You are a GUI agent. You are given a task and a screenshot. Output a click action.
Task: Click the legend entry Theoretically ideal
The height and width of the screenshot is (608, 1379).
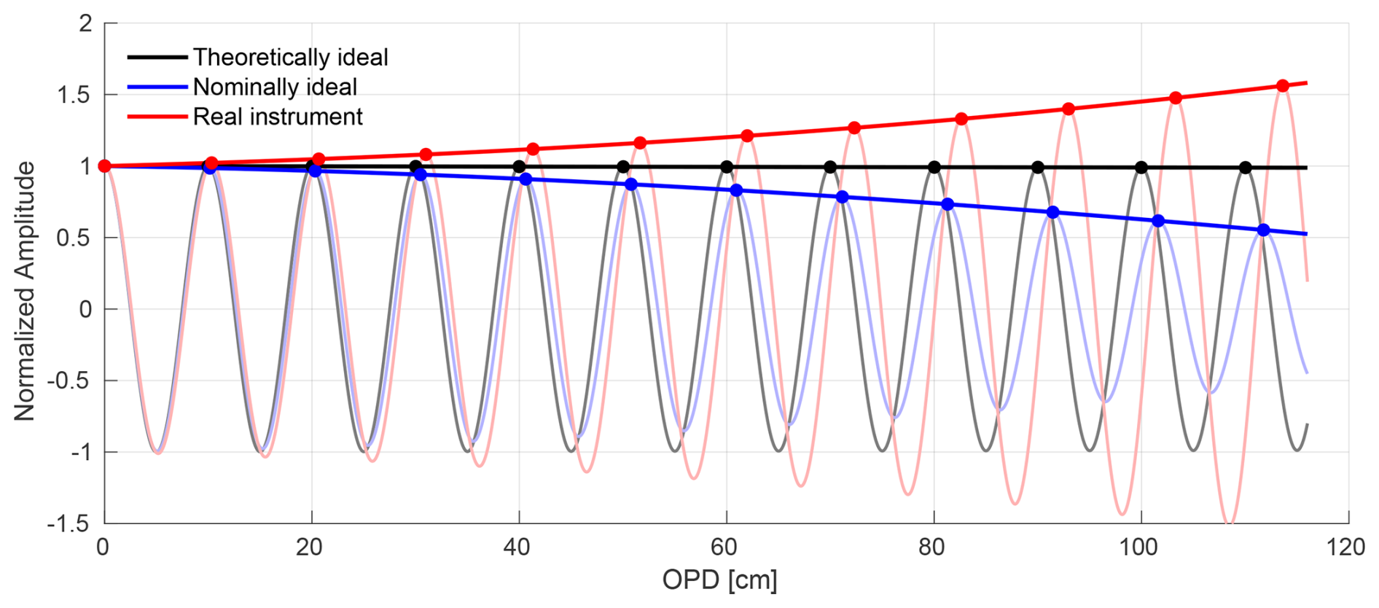point(290,57)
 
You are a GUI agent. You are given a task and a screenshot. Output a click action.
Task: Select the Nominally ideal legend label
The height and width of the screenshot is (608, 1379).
point(275,87)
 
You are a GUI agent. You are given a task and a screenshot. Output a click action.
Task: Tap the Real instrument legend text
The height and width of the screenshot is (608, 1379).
point(278,117)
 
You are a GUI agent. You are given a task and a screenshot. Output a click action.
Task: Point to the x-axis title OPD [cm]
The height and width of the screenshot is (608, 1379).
point(719,580)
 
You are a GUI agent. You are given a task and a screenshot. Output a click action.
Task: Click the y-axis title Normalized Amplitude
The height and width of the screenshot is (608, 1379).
point(24,291)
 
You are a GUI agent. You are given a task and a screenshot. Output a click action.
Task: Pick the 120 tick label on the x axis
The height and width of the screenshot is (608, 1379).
point(1345,547)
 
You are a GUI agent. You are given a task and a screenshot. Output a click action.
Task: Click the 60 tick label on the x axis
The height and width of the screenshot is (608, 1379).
point(724,547)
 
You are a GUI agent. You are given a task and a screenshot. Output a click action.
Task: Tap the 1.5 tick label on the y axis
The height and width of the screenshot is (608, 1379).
point(75,95)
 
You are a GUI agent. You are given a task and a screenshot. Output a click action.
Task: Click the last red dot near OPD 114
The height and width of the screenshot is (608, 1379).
point(1283,86)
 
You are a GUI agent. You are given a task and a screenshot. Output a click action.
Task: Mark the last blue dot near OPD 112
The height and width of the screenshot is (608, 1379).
point(1264,230)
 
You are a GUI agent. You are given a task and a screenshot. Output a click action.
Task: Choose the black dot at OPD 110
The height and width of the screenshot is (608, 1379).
point(1246,168)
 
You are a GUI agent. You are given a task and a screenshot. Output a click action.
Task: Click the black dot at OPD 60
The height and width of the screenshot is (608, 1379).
point(727,167)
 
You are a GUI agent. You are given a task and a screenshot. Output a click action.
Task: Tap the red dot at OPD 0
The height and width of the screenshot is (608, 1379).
point(104,166)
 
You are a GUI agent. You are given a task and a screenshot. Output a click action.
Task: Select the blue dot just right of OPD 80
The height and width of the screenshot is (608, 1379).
point(948,205)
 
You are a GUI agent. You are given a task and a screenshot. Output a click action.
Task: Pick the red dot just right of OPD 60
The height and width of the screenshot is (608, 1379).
point(747,136)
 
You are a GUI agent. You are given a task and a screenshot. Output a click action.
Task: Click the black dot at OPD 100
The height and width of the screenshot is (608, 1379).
point(1141,168)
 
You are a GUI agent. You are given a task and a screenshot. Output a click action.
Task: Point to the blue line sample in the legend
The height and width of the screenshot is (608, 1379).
point(157,87)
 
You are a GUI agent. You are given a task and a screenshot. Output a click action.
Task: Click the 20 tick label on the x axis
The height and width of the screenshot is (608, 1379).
point(309,547)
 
